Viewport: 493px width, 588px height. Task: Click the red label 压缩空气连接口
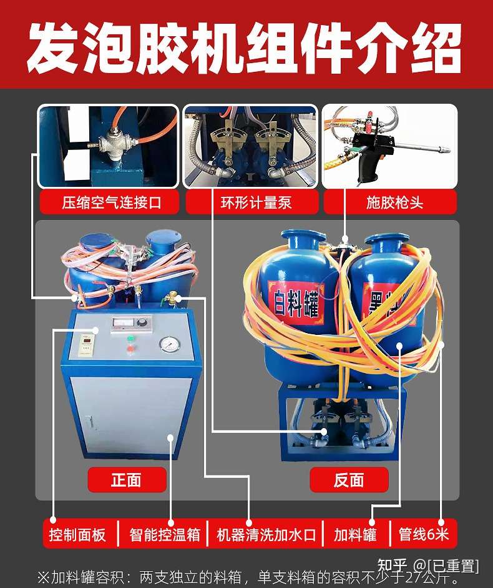[x=109, y=202]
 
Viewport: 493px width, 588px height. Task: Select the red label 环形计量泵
[x=251, y=202]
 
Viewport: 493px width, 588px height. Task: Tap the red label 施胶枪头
[x=390, y=202]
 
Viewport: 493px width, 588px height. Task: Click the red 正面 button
[x=127, y=480]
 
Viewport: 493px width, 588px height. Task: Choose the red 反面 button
[x=349, y=480]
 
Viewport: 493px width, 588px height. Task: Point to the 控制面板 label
[x=78, y=535]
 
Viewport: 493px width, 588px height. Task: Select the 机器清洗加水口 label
[x=266, y=535]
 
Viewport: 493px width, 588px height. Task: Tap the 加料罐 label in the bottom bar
[x=355, y=535]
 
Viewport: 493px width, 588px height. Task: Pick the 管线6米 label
[x=424, y=535]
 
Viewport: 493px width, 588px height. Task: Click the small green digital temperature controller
[x=87, y=344]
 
